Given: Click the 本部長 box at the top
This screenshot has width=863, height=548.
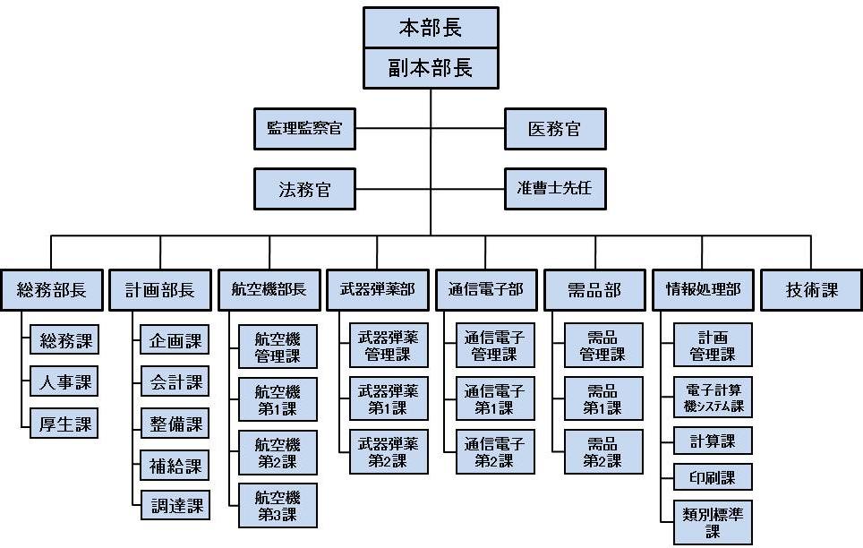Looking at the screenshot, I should pyautogui.click(x=431, y=28).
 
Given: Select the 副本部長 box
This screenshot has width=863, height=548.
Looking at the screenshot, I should pyautogui.click(x=431, y=68).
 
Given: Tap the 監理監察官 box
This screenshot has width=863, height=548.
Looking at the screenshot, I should pyautogui.click(x=304, y=129).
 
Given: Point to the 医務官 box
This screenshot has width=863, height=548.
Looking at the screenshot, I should pyautogui.click(x=555, y=129).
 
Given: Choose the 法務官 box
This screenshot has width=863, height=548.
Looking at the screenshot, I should pyautogui.click(x=304, y=190).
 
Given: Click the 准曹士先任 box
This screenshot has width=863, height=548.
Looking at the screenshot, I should pyautogui.click(x=555, y=190).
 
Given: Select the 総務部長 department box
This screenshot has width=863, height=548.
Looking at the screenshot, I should pyautogui.click(x=51, y=290).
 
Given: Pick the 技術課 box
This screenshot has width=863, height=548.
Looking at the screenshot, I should pyautogui.click(x=811, y=290).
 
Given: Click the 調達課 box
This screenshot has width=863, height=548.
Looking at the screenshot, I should pyautogui.click(x=175, y=506).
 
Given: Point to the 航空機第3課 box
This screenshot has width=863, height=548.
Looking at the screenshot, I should pyautogui.click(x=278, y=506).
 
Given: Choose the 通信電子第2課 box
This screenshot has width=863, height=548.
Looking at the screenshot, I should pyautogui.click(x=495, y=452).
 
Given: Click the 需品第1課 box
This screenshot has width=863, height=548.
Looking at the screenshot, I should pyautogui.click(x=603, y=399).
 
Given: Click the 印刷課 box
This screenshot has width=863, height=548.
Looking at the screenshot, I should pyautogui.click(x=713, y=477).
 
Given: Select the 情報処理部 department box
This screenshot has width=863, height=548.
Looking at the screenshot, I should pyautogui.click(x=702, y=290).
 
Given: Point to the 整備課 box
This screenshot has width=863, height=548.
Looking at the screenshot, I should pyautogui.click(x=175, y=424).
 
